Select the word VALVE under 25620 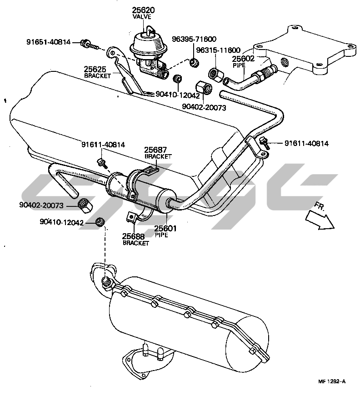coord(144,17)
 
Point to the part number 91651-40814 coord(48,42)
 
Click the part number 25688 coord(135,236)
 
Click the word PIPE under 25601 coord(161,235)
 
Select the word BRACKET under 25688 coord(136,243)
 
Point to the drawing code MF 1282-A coord(331,382)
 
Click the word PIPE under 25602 coord(239,65)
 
